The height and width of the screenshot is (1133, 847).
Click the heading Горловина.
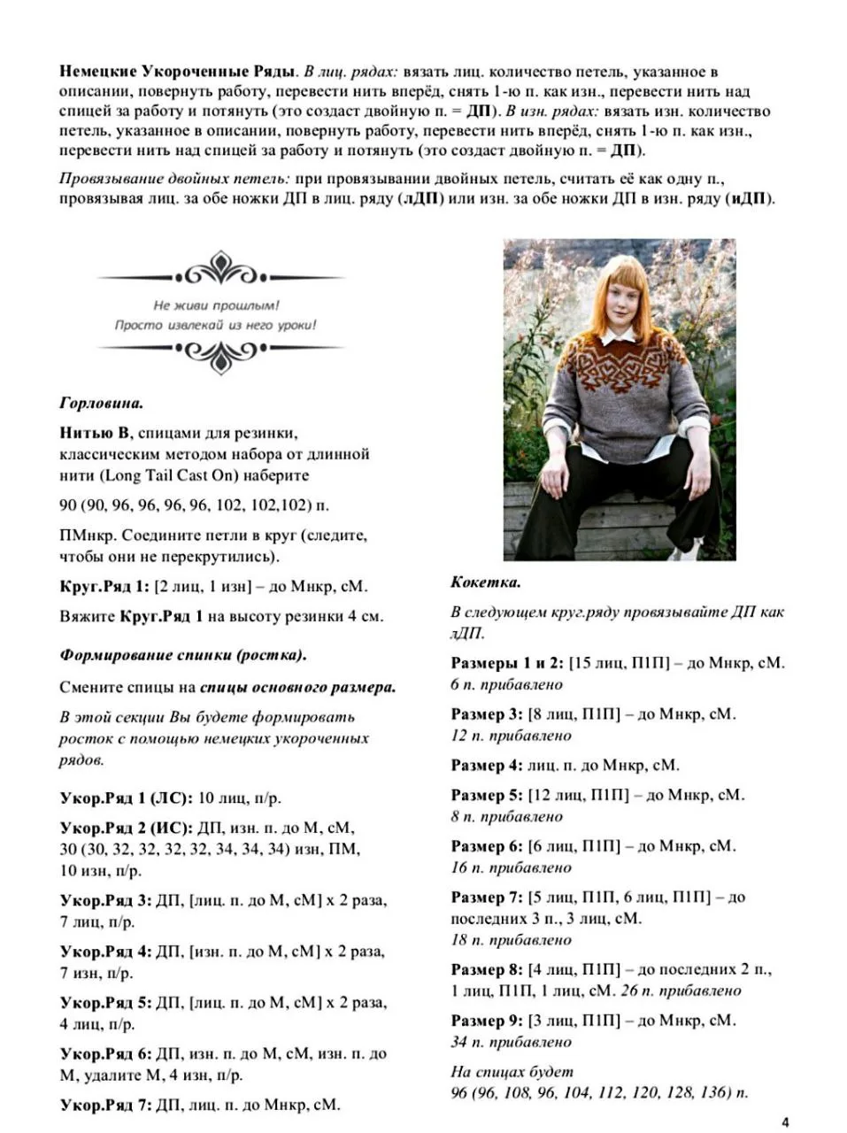coord(101,404)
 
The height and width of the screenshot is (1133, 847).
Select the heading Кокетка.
coord(485,582)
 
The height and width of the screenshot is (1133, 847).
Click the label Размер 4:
coord(487,765)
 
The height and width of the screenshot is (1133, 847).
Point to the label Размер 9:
coord(487,1020)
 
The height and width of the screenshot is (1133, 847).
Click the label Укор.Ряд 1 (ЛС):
coord(125,798)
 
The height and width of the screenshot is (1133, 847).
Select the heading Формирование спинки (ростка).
coord(183,655)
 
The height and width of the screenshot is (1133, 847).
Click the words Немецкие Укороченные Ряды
coord(177,72)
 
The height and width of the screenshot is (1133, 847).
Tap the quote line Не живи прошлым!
coord(216,305)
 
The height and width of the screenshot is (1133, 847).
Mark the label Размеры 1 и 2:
coord(506,662)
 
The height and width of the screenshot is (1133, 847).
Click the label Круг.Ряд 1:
coord(104,586)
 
